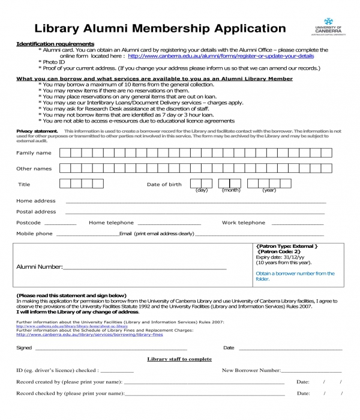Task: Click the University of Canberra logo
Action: click(x=328, y=31)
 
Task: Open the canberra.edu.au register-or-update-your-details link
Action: click(x=221, y=56)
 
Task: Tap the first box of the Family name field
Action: click(x=65, y=153)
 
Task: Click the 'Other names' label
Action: click(x=34, y=169)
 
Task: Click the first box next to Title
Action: click(x=65, y=184)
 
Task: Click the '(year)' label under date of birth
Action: click(x=269, y=190)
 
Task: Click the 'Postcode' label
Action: click(x=28, y=223)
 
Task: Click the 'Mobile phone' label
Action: click(x=34, y=233)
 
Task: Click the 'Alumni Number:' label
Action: click(x=40, y=266)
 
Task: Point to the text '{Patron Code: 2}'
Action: click(x=279, y=251)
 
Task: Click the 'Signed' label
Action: click(x=24, y=347)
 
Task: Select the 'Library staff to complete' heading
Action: click(x=179, y=359)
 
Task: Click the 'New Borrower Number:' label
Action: click(x=251, y=370)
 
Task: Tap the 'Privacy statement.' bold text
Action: click(x=37, y=130)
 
